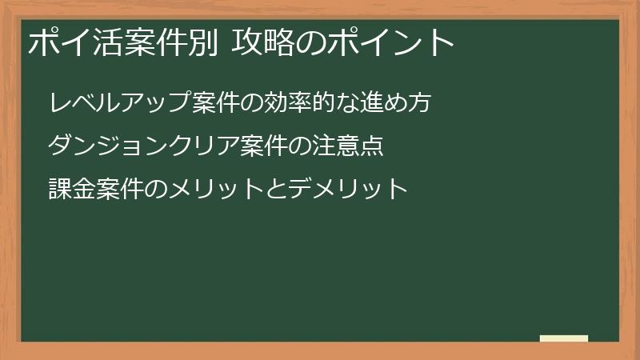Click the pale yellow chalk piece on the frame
click(x=564, y=338)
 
